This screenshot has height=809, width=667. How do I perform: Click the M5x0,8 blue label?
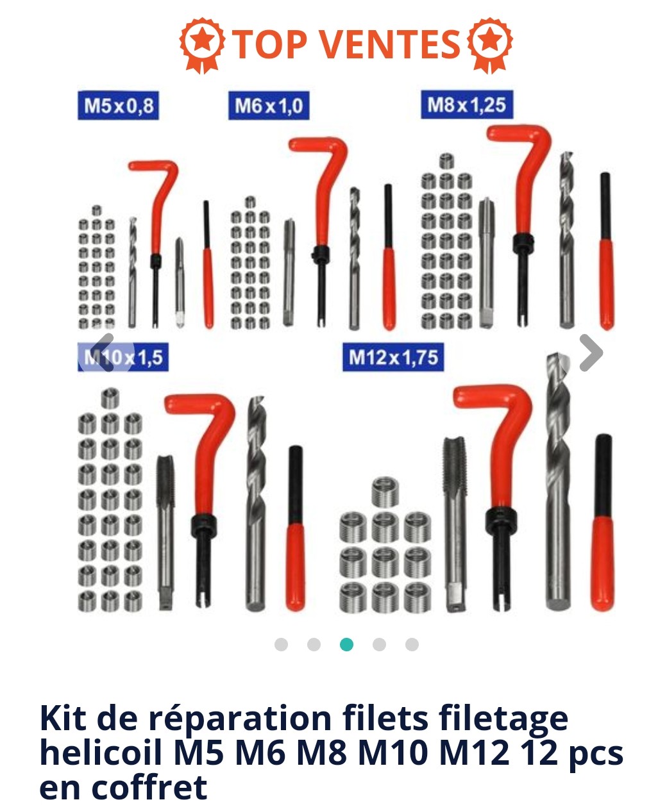click(x=118, y=105)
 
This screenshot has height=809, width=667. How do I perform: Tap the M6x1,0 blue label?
click(x=269, y=105)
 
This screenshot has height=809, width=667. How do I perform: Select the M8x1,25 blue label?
click(x=467, y=104)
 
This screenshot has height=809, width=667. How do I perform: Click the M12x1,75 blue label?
click(x=393, y=357)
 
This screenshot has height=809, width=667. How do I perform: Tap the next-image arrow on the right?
click(x=591, y=353)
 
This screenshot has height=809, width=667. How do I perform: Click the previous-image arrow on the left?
click(x=103, y=352)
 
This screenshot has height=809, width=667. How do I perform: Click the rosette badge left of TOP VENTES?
click(x=202, y=44)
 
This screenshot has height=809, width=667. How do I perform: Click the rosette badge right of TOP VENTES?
click(x=490, y=44)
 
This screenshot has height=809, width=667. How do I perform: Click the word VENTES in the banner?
click(x=391, y=44)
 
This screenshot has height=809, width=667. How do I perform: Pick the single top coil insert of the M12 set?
click(x=385, y=492)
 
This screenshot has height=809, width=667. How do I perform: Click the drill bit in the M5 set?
click(x=132, y=272)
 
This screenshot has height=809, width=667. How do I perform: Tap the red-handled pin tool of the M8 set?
click(x=606, y=251)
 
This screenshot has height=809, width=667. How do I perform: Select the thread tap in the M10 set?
click(x=165, y=532)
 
